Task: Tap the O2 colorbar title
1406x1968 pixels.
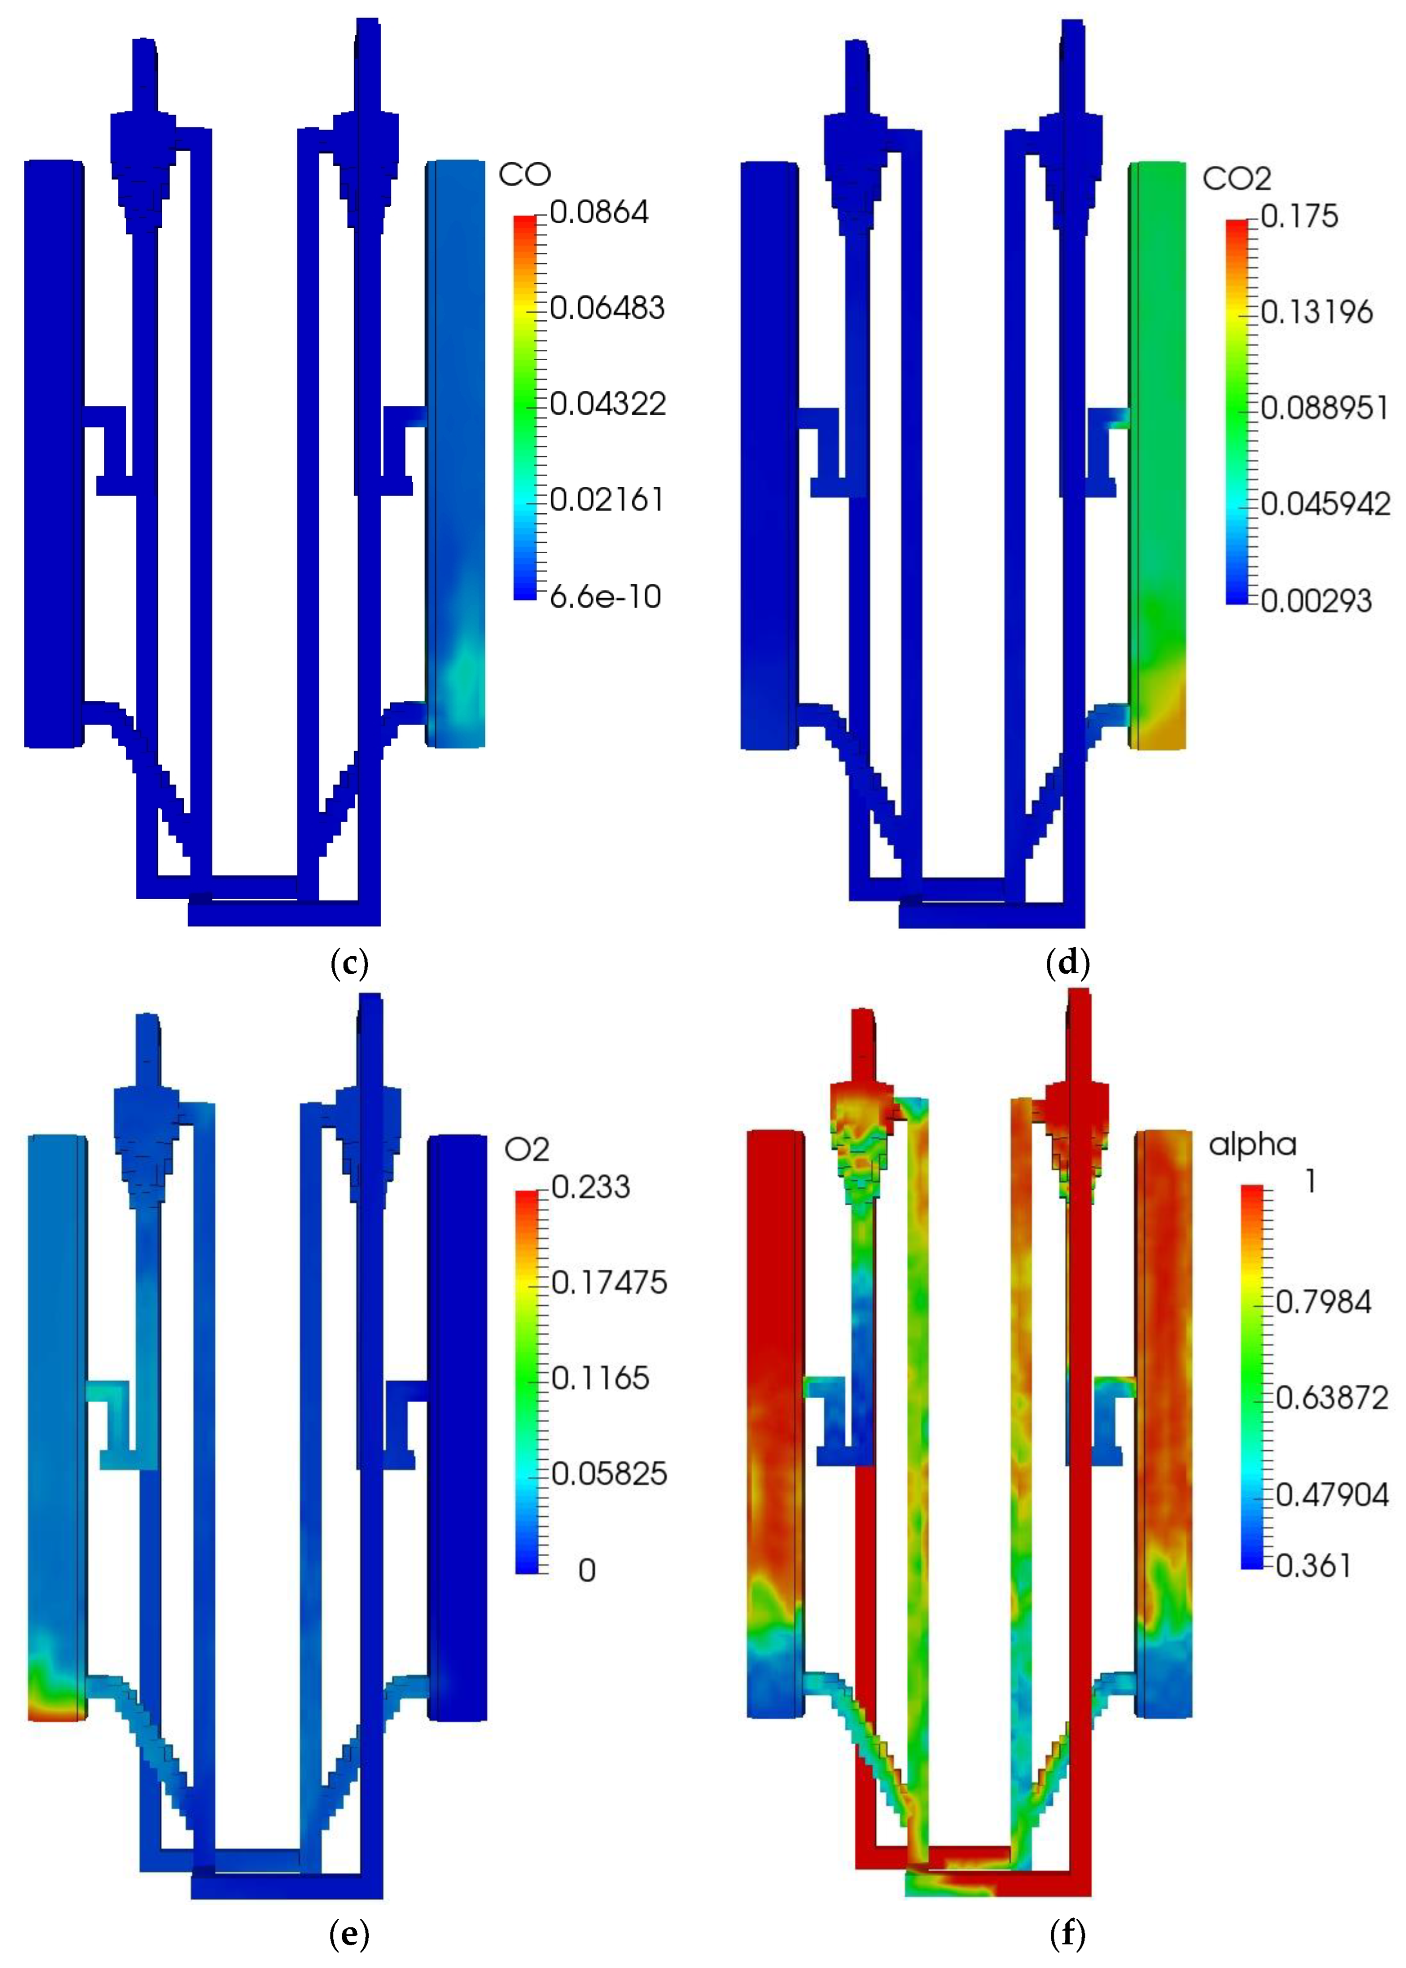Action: point(526,1150)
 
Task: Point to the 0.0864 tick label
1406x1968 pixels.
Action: point(599,212)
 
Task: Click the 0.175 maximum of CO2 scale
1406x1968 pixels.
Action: point(1299,216)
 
